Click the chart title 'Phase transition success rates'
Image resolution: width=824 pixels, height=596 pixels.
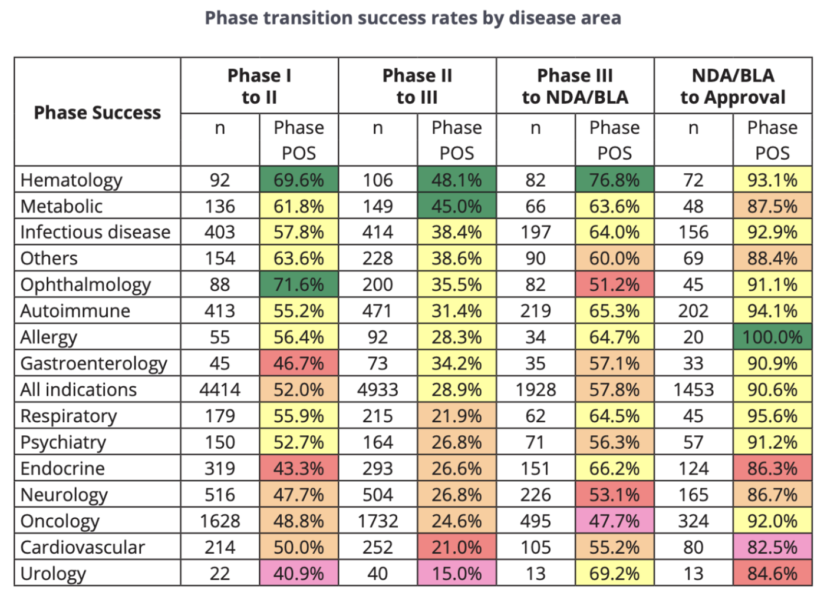click(x=413, y=18)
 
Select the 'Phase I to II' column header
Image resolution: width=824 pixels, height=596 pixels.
click(x=259, y=86)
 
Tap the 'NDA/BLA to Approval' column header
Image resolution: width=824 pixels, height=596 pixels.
click(x=733, y=86)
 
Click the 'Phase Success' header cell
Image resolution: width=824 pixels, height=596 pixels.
click(x=97, y=112)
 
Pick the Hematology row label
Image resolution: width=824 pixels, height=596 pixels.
click(x=71, y=180)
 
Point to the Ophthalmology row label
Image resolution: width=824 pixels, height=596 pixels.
click(x=85, y=285)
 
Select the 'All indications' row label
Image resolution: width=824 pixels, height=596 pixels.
click(x=78, y=390)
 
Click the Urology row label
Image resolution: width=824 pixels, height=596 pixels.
click(x=53, y=574)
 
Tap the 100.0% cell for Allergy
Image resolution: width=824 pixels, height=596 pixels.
click(x=772, y=337)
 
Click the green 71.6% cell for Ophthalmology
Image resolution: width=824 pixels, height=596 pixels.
click(x=299, y=285)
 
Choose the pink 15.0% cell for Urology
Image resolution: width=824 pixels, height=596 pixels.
click(x=457, y=574)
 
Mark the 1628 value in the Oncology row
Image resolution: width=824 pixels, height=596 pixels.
click(x=220, y=521)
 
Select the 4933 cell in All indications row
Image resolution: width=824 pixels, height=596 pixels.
click(x=378, y=390)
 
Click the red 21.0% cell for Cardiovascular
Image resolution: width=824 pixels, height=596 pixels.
click(x=457, y=548)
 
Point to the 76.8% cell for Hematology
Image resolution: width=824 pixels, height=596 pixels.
click(x=614, y=180)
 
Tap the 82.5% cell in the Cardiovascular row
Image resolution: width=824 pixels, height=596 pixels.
click(x=772, y=548)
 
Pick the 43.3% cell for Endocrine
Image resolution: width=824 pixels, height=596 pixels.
click(x=299, y=469)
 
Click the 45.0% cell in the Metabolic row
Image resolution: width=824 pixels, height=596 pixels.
click(x=457, y=207)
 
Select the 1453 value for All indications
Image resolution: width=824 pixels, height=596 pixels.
click(x=693, y=390)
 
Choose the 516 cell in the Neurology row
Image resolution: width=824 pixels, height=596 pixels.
click(x=220, y=495)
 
